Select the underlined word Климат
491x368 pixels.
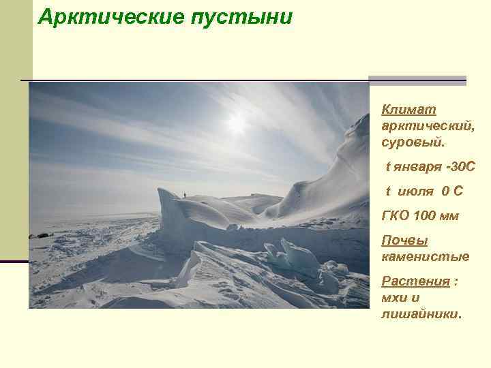(409, 110)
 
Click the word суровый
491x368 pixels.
(412, 143)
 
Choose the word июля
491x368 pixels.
(413, 191)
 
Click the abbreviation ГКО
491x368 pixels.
(396, 216)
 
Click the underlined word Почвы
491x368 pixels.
(404, 241)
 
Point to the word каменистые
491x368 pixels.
(426, 257)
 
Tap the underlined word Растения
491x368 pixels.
(416, 281)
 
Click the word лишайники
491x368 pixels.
(420, 314)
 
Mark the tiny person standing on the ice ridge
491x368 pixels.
(184, 195)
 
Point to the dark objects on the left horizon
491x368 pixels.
(41, 236)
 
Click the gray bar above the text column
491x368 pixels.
(417, 80)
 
